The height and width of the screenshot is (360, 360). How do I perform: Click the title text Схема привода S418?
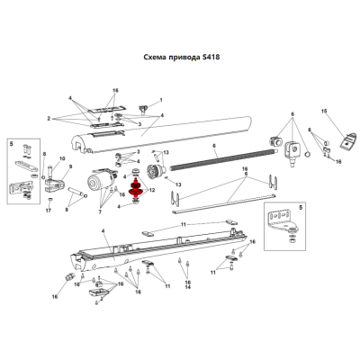pos(182,57)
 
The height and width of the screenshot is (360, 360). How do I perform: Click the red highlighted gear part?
pos(136,188)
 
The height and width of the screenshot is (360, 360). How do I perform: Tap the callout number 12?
pos(152,190)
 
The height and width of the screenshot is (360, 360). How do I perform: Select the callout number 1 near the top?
pos(161,100)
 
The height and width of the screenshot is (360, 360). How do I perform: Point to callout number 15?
pos(324,111)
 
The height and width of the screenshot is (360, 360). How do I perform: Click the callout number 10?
pos(62,158)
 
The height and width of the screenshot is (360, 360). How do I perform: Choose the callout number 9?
pos(71,166)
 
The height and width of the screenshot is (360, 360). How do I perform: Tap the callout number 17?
pos(49,211)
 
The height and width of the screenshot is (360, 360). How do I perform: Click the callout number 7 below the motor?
pos(100,211)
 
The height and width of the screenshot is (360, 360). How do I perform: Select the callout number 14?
pos(188,287)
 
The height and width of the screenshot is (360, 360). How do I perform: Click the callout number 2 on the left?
pos(49,119)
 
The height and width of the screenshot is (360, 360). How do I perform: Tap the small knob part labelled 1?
pos(143,109)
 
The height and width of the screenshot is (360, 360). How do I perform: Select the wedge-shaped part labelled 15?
pos(348,140)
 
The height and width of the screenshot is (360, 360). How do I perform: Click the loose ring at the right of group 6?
pos(307,154)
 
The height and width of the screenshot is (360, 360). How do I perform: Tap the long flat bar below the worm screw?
pos(224,204)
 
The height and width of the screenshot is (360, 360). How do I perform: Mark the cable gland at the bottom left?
pos(69,276)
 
